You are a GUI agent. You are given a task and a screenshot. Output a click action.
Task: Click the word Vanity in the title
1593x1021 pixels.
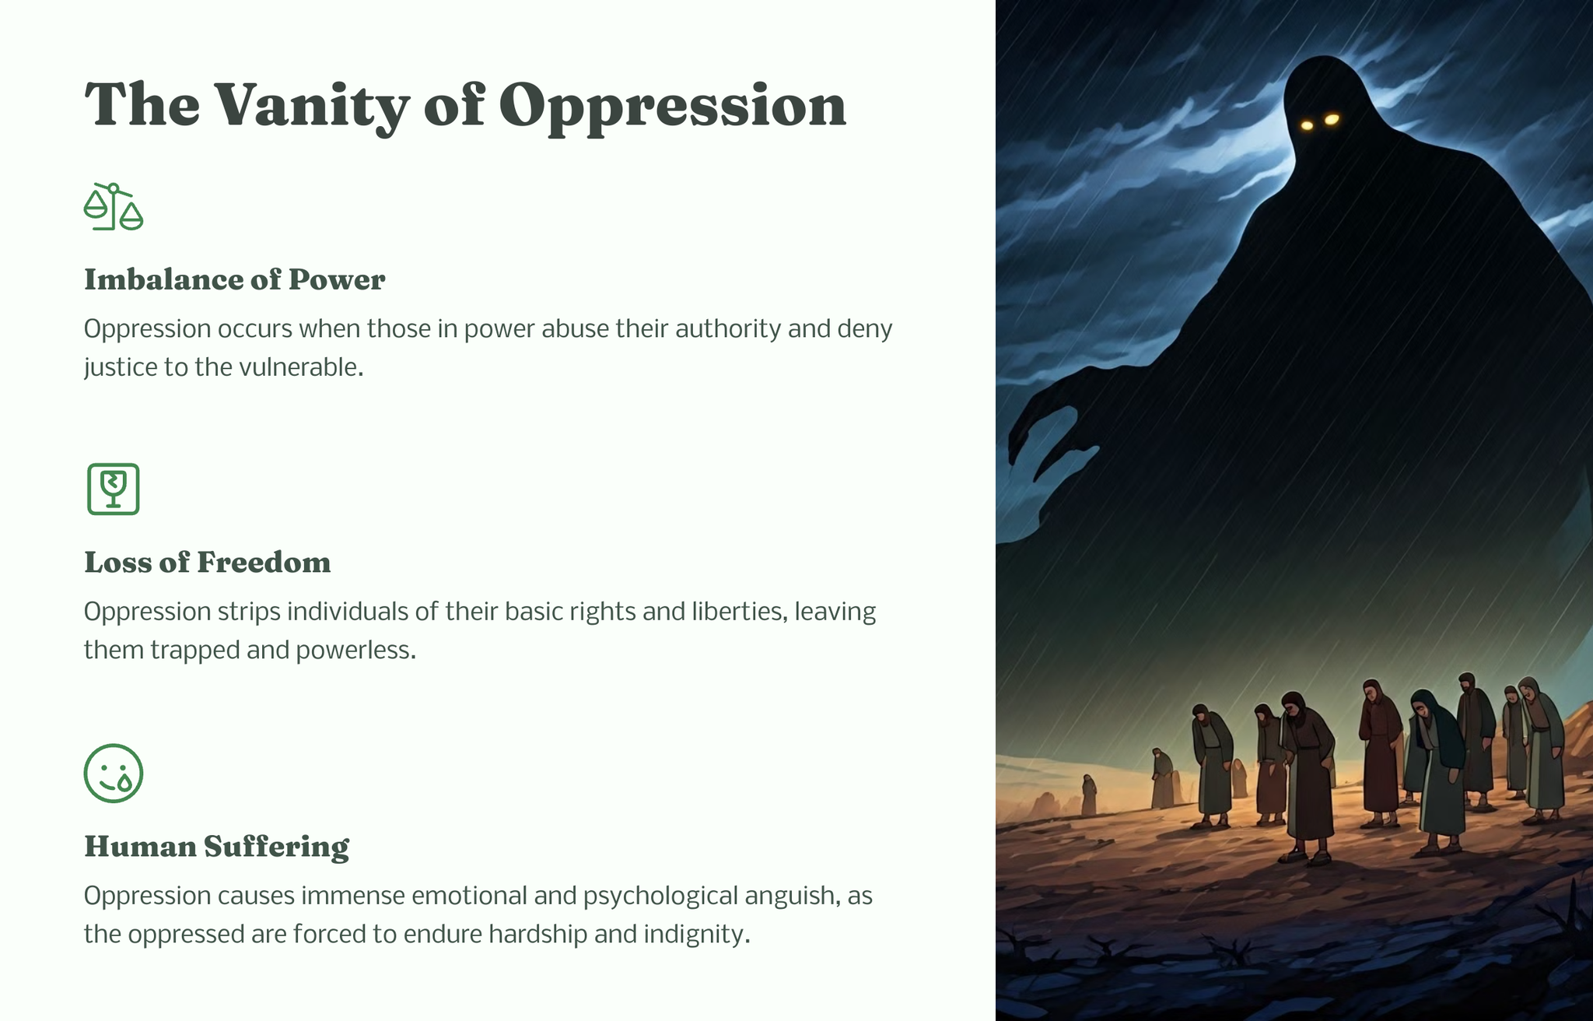tap(311, 107)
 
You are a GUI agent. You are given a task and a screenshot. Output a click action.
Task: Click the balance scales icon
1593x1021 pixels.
tap(114, 206)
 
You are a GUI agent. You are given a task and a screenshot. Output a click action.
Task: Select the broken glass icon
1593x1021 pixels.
tap(114, 489)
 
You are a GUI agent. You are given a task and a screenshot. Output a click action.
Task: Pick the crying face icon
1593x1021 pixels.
tap(114, 773)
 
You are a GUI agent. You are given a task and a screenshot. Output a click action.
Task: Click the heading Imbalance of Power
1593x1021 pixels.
tap(235, 279)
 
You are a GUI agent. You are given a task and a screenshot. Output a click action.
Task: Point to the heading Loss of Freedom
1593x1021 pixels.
tap(208, 562)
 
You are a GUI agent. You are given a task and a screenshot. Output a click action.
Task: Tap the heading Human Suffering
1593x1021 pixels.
tap(217, 847)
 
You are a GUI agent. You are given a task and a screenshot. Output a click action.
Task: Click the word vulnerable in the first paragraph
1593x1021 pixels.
tap(301, 367)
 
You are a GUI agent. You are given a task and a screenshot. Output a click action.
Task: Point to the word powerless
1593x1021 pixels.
tap(356, 651)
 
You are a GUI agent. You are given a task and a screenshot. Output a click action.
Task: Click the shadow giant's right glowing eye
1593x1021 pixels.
tap(1332, 119)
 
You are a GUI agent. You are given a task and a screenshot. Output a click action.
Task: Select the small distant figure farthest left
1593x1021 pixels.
tap(1089, 795)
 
